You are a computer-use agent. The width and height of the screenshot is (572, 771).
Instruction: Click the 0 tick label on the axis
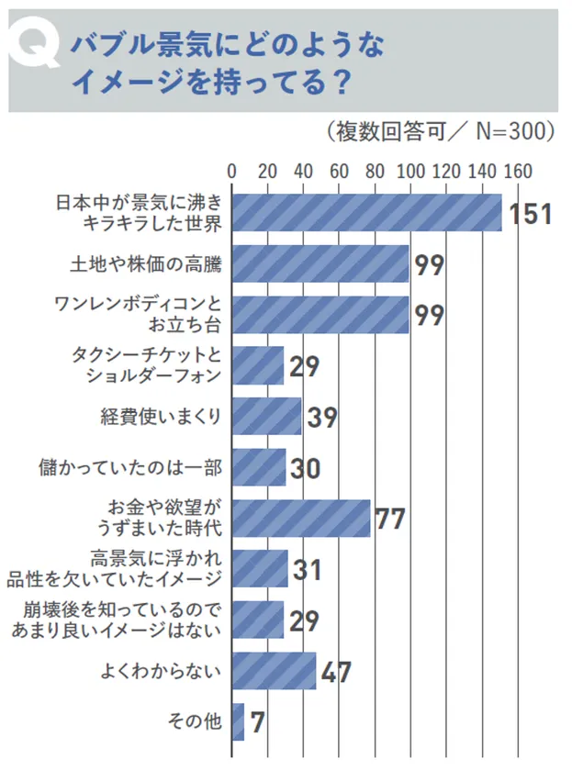click(x=231, y=171)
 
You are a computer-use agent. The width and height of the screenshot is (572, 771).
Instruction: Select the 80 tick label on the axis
click(x=375, y=171)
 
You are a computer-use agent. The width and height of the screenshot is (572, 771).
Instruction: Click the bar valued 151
click(x=366, y=213)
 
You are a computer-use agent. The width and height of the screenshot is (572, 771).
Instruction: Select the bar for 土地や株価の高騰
click(x=320, y=264)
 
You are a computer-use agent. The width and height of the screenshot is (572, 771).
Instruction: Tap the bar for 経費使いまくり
click(x=266, y=417)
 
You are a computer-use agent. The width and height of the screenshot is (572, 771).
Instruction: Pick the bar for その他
click(x=238, y=721)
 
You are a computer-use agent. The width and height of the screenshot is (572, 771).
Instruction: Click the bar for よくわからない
click(x=274, y=671)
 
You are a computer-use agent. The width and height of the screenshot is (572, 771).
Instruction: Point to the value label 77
click(x=389, y=520)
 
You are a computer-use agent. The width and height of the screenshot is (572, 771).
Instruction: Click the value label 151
click(x=530, y=215)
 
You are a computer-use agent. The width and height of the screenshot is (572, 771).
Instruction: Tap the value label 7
click(x=257, y=723)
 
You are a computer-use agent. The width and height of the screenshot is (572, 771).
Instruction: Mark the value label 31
click(x=306, y=571)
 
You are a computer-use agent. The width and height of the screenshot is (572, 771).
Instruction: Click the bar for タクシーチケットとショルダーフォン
click(x=257, y=366)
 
